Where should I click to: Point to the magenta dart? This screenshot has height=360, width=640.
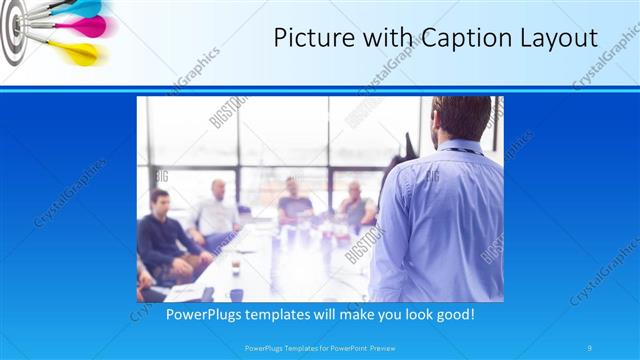(82, 27)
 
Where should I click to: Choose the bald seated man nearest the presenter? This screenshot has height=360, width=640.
(355, 206)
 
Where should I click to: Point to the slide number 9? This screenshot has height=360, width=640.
(590, 348)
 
